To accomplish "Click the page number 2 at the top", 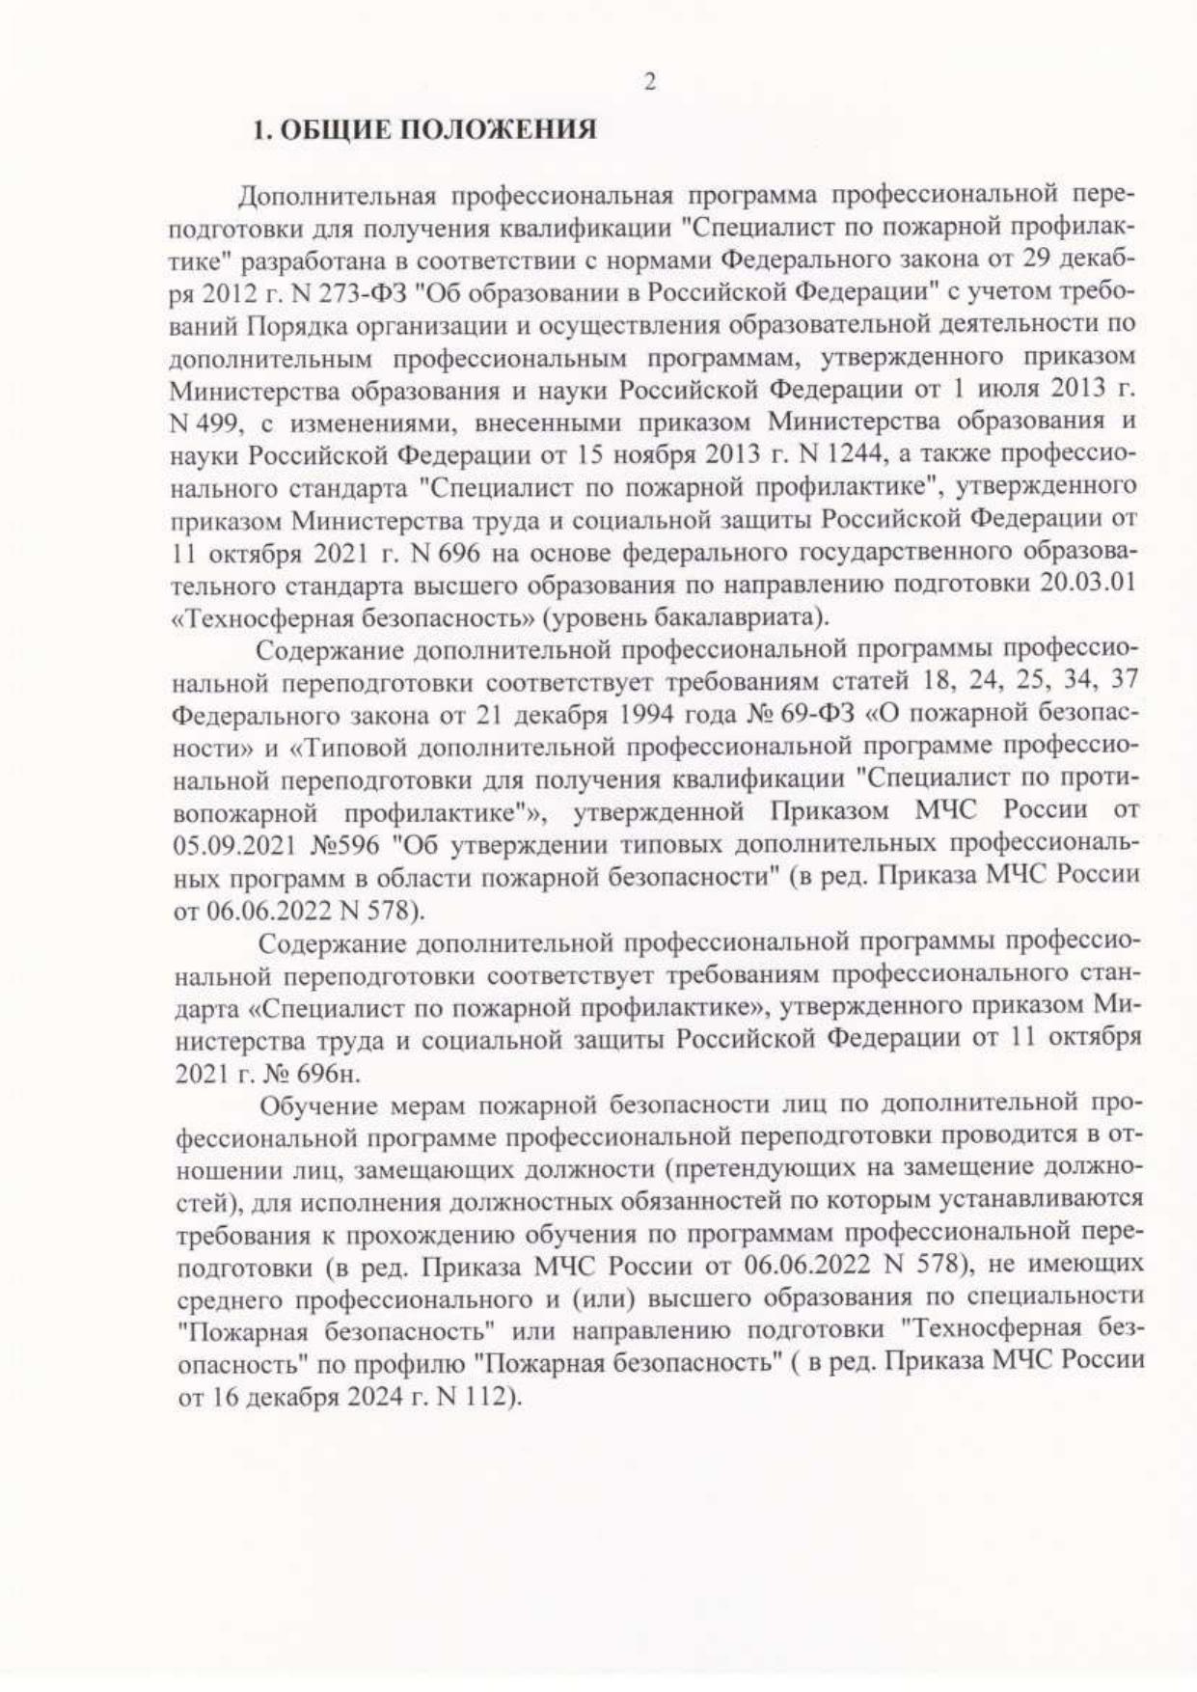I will [649, 83].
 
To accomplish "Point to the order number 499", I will [209, 423].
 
